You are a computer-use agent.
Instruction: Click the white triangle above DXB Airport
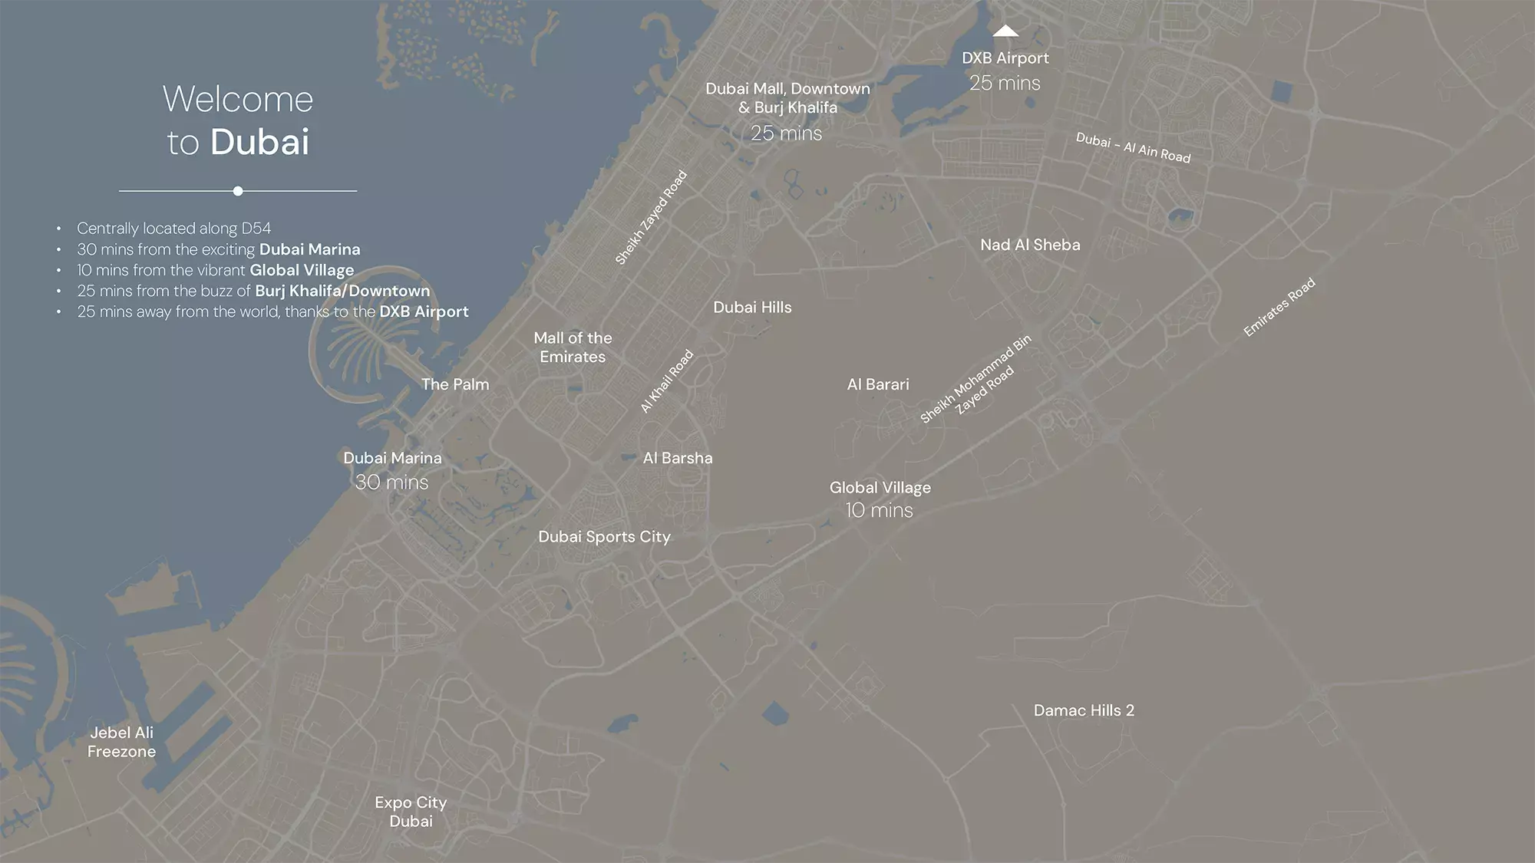coord(1005,31)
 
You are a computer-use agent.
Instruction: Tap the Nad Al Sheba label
coord(1030,245)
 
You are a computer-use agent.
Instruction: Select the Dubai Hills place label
coord(752,308)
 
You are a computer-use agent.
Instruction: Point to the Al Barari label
coord(878,384)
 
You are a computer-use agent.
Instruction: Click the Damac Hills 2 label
coord(1084,710)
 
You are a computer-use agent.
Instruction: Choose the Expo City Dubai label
coord(411,812)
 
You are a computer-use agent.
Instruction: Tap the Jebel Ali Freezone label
coord(121,742)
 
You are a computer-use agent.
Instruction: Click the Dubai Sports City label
coord(604,537)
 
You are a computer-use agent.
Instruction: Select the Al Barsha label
coord(678,458)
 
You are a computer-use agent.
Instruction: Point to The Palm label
coord(455,384)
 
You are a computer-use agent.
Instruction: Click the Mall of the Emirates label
coord(573,348)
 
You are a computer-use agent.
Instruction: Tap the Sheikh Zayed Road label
coord(651,218)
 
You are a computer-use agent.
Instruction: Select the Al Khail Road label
coord(667,381)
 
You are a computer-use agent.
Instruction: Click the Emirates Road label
coord(1279,307)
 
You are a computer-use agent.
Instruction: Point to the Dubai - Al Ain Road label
coord(1133,148)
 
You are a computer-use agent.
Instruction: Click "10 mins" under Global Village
coord(879,510)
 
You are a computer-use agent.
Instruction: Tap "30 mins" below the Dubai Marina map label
coord(391,482)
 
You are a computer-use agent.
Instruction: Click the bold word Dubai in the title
coord(260,142)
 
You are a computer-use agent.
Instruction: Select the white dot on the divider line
coord(238,191)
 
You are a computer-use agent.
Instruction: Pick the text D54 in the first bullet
coord(256,229)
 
